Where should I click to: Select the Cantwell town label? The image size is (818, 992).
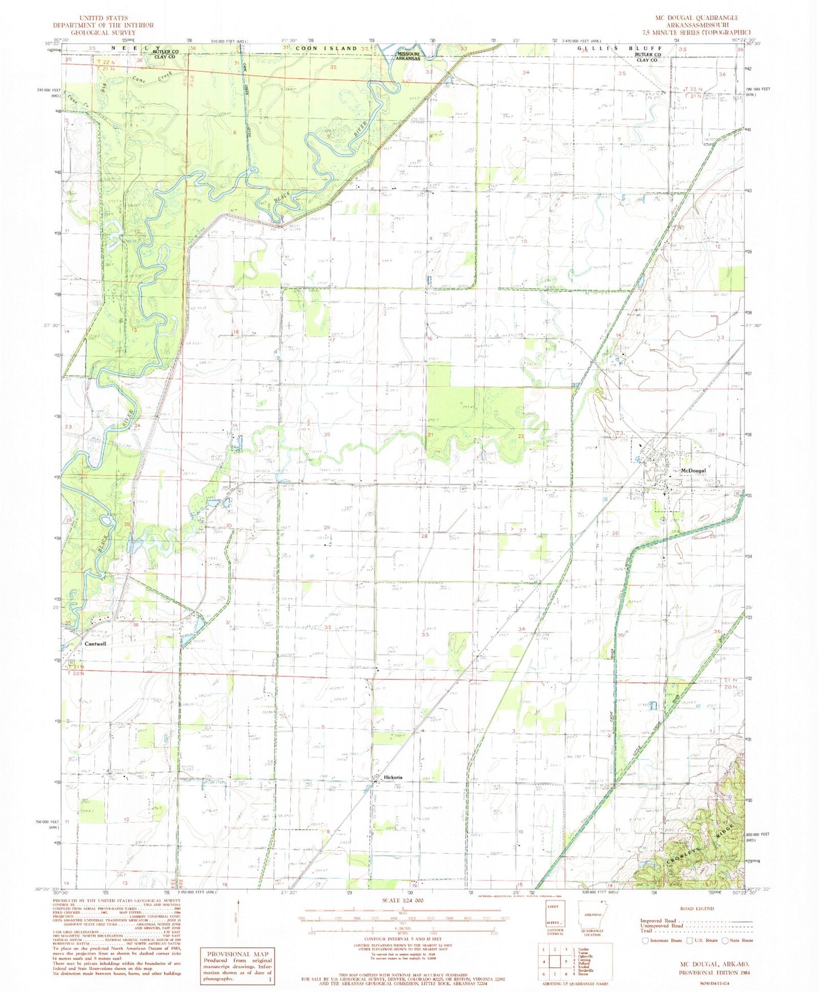[95, 644]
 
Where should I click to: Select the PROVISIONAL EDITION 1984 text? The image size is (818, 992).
[710, 973]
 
